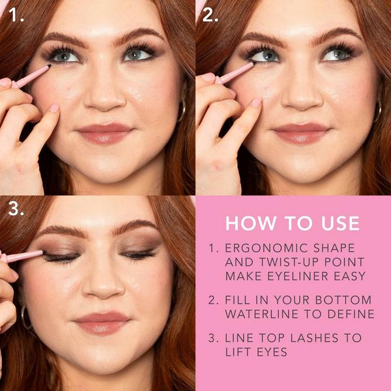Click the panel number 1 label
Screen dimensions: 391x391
point(16,14)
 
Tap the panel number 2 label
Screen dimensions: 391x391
point(210,14)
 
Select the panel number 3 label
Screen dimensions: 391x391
point(16,209)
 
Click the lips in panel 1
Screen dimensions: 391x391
point(104,133)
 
